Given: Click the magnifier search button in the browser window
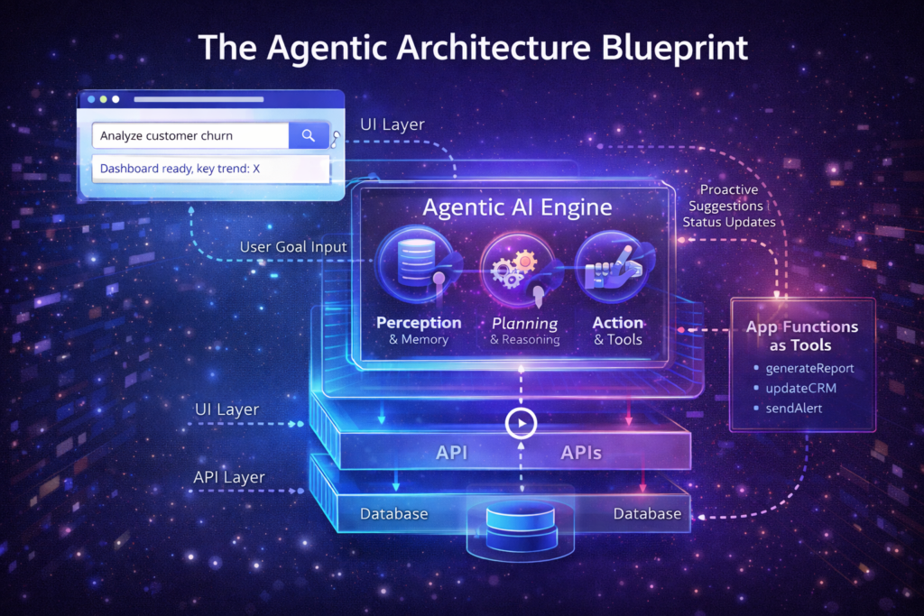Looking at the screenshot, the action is coord(309,135).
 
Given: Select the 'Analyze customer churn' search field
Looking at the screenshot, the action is coord(190,135).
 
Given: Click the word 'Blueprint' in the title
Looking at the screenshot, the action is coord(675,49).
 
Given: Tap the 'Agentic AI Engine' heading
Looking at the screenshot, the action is coord(517,207).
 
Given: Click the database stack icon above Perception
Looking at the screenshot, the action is coord(417,263).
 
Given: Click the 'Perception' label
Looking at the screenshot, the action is coord(419,323).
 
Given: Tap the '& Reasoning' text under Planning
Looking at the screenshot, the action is coord(525,340).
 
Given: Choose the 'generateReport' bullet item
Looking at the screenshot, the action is coord(809,369).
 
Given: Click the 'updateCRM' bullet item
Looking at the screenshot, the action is coord(800,389).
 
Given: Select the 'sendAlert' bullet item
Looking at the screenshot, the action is coord(793,409).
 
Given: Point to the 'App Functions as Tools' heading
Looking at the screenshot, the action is coord(801,336).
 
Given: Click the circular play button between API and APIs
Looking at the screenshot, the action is coord(521,423).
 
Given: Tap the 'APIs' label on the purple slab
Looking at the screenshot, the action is coord(581,452).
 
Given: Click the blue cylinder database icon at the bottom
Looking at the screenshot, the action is coord(521,527).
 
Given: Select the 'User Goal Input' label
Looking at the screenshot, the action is coord(293,247).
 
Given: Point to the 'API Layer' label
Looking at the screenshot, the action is coord(229,477).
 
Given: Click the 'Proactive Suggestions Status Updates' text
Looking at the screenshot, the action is coord(729,207).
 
